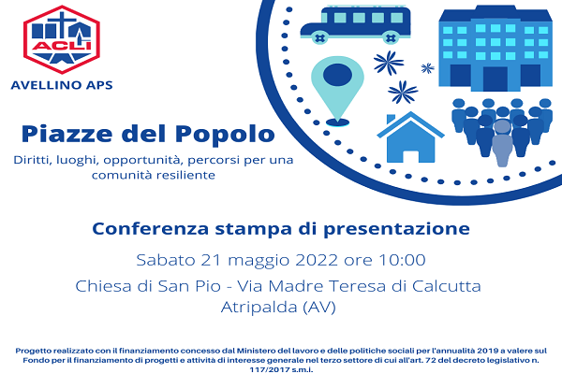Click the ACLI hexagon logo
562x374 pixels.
(x=61, y=39)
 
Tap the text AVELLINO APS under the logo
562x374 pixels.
(x=62, y=85)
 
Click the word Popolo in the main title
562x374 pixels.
(x=225, y=134)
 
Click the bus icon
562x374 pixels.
(x=355, y=24)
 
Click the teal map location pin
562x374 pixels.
(x=337, y=91)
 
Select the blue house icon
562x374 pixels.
(x=410, y=137)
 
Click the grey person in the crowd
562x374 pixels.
(x=502, y=143)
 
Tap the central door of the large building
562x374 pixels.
(x=495, y=79)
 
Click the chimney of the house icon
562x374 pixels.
(x=391, y=120)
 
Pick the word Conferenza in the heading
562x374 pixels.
(x=151, y=229)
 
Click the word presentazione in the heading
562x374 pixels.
(x=396, y=229)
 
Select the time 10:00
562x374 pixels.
(x=402, y=260)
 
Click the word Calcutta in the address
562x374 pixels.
(x=446, y=286)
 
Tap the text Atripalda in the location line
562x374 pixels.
(x=259, y=307)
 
